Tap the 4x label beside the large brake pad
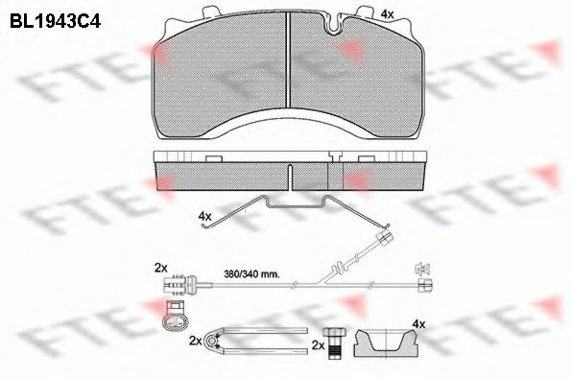[x=387, y=13]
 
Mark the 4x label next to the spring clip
[x=203, y=217]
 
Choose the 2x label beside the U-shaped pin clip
[x=196, y=341]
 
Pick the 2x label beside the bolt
[x=319, y=343]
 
